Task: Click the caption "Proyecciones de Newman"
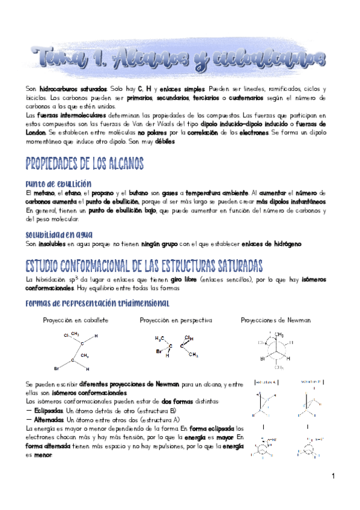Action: (x=275, y=321)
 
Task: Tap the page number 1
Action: (x=332, y=476)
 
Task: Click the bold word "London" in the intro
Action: (x=31, y=132)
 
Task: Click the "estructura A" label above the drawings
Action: (x=265, y=382)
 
